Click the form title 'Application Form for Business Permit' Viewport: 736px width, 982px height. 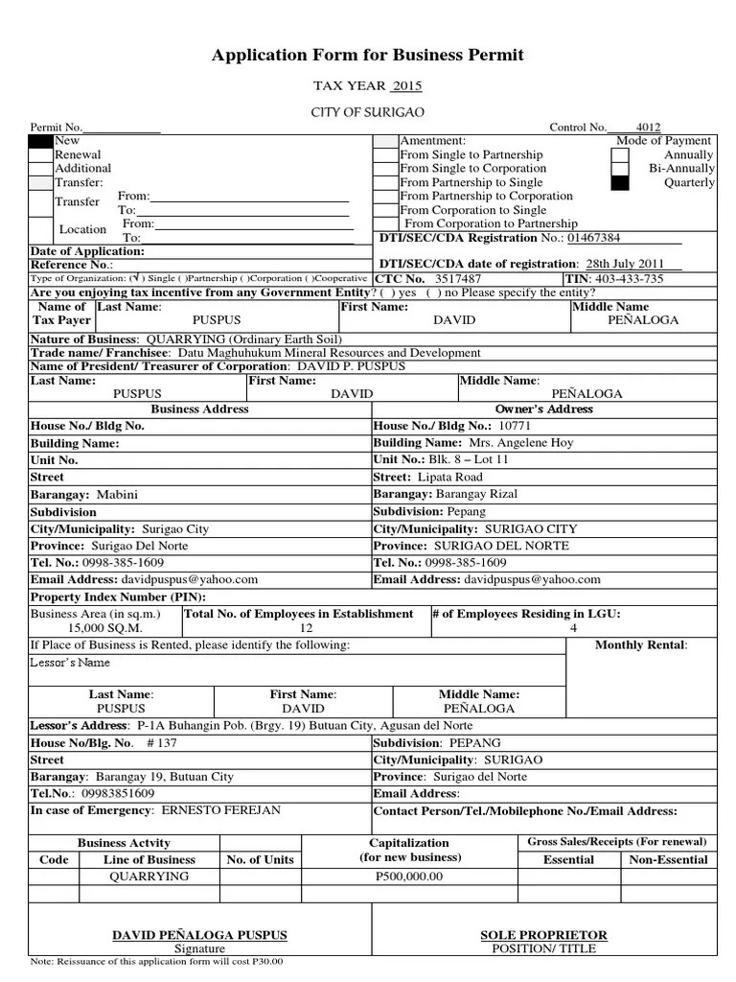pos(367,55)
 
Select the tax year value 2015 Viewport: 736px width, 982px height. pos(406,86)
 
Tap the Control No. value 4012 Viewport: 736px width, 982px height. pos(648,127)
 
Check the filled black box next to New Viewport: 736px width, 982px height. pos(40,141)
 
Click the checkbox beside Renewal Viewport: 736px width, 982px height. pos(40,154)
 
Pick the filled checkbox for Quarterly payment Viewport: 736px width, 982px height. pos(620,182)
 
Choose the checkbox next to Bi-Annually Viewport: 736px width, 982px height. pos(620,168)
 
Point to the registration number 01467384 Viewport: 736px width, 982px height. pos(594,238)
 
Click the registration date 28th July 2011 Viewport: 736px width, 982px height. pos(624,264)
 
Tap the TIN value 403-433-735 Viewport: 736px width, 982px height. pos(629,278)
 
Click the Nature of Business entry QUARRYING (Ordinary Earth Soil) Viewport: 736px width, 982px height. pos(242,339)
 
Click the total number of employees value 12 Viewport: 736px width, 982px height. pos(307,628)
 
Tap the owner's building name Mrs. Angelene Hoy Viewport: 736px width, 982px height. pos(520,443)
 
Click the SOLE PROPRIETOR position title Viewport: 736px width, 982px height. pos(542,935)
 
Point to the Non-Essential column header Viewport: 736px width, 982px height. pos(668,859)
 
